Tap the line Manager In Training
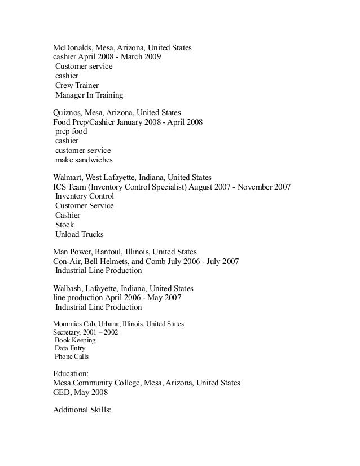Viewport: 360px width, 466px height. tap(89, 95)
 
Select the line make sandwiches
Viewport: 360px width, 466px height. tap(84, 160)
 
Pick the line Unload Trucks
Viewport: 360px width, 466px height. tap(79, 234)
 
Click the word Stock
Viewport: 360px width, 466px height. tap(64, 225)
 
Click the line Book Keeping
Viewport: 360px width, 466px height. tap(75, 340)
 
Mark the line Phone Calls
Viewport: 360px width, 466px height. tap(72, 357)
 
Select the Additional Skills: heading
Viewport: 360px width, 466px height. tap(82, 411)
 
